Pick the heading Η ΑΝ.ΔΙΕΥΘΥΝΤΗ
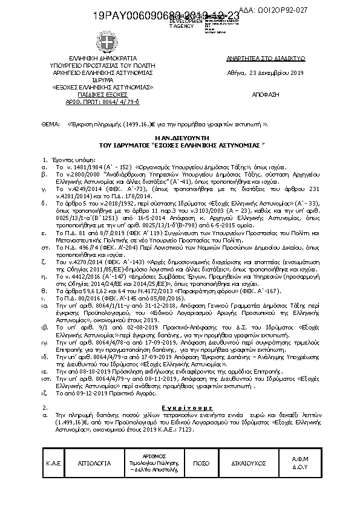coord(180,138)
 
